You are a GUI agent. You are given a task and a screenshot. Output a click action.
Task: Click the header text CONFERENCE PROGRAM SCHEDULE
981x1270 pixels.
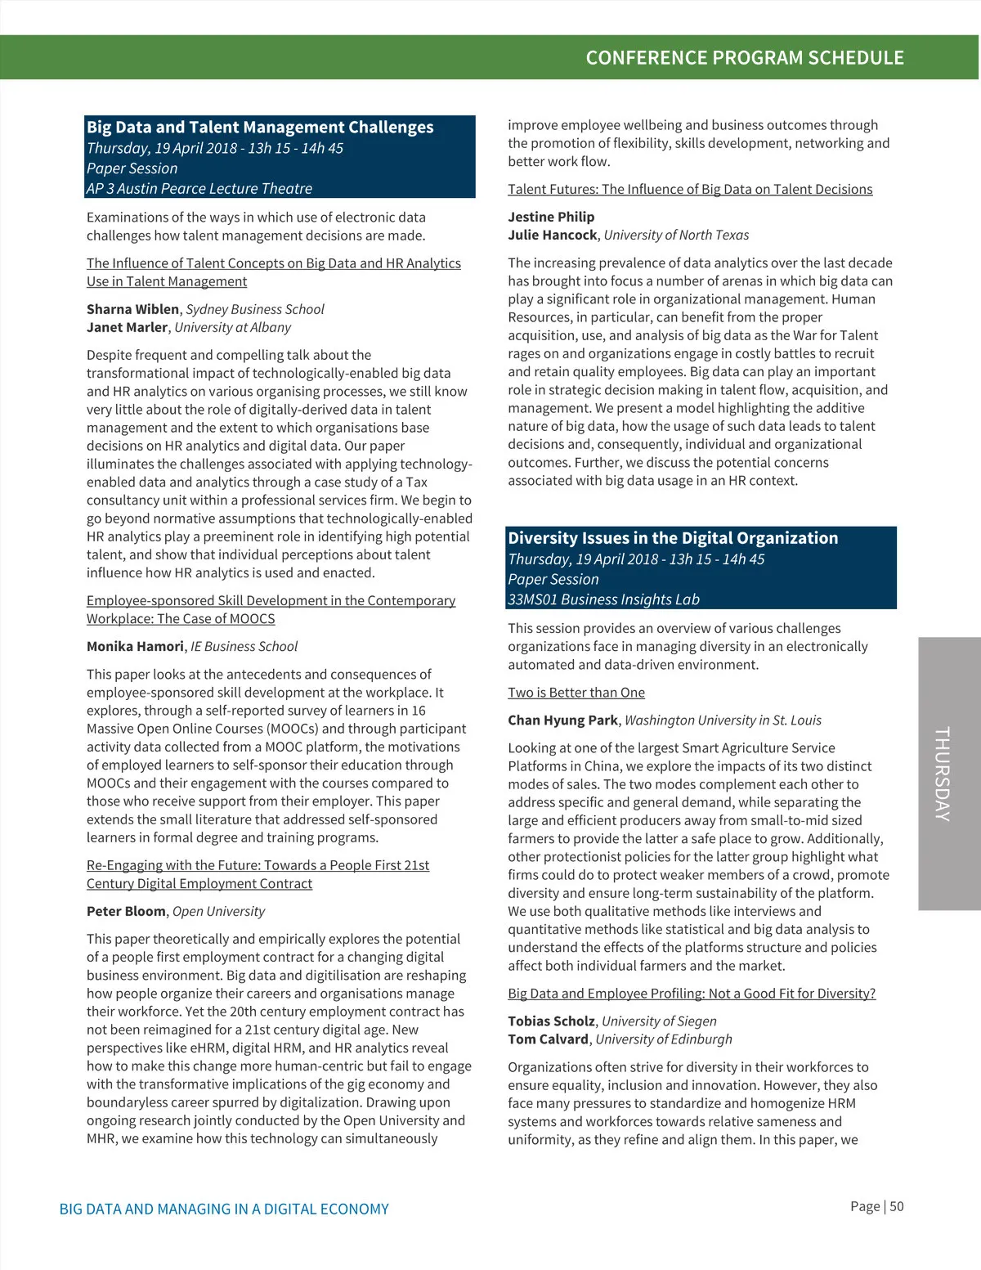745,58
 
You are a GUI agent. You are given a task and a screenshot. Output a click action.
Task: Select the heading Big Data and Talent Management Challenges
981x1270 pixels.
260,128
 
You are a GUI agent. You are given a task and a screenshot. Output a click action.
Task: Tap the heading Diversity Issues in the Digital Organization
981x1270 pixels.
673,538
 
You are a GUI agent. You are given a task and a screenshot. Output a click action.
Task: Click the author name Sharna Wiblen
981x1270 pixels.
132,309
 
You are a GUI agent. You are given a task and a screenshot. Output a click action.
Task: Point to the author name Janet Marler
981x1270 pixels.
127,327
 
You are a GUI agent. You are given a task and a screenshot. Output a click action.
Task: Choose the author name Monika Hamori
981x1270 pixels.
135,646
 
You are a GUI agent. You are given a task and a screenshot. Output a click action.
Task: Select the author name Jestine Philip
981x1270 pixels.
551,217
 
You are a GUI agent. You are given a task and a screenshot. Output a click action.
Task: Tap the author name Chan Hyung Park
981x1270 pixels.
562,720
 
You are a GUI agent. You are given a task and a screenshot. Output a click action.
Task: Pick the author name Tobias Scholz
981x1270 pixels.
551,1021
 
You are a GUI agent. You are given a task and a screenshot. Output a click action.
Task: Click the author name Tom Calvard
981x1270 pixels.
548,1039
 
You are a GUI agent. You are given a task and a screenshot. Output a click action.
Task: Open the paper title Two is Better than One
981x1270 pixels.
576,693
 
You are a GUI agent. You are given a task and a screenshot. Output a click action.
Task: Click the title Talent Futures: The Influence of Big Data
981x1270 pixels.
690,190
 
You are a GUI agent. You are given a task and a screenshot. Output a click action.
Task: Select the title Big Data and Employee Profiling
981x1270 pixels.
692,994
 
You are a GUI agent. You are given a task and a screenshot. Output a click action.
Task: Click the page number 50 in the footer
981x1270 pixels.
897,1207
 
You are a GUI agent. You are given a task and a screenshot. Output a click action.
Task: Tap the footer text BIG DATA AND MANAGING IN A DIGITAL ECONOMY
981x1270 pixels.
224,1209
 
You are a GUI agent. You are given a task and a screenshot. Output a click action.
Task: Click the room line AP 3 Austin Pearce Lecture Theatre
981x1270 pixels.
199,189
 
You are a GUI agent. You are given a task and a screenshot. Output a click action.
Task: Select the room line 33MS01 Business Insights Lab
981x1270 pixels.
603,599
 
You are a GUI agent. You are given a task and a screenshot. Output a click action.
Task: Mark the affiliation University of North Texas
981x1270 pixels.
676,236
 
